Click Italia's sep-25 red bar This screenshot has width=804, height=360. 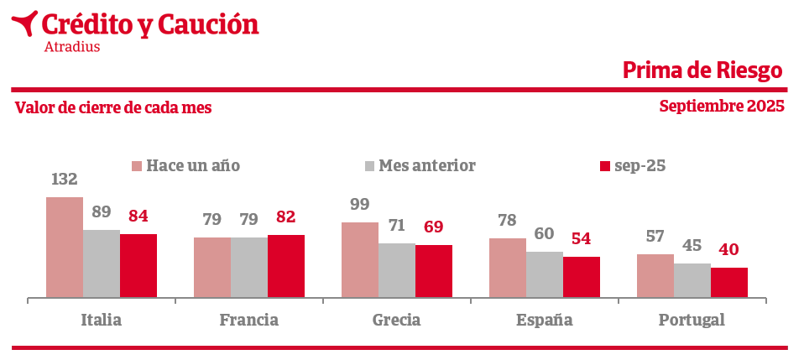pyautogui.click(x=138, y=265)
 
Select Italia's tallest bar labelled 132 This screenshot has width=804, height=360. pyautogui.click(x=65, y=247)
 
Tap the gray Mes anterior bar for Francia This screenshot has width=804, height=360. pyautogui.click(x=249, y=267)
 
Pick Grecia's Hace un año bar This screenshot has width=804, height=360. pyautogui.click(x=360, y=259)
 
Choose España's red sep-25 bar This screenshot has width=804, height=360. pyautogui.click(x=582, y=276)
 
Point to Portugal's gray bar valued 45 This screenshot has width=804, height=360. pyautogui.click(x=692, y=280)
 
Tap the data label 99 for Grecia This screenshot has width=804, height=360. pyautogui.click(x=360, y=205)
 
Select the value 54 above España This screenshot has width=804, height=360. pyautogui.click(x=582, y=238)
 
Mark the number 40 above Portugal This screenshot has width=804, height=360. pyautogui.click(x=729, y=250)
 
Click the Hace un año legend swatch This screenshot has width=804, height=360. pyautogui.click(x=137, y=166)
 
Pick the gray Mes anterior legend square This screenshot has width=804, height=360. pyautogui.click(x=369, y=166)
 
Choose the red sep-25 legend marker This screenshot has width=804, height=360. pyautogui.click(x=604, y=166)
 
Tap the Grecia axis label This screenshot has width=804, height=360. pyautogui.click(x=397, y=320)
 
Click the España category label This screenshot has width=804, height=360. pyautogui.click(x=545, y=320)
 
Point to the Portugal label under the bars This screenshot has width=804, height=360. pyautogui.click(x=692, y=320)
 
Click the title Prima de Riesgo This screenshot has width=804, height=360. pyautogui.click(x=702, y=70)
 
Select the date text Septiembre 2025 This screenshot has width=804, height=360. pyautogui.click(x=722, y=107)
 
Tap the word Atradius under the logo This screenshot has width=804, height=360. pyautogui.click(x=71, y=47)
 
